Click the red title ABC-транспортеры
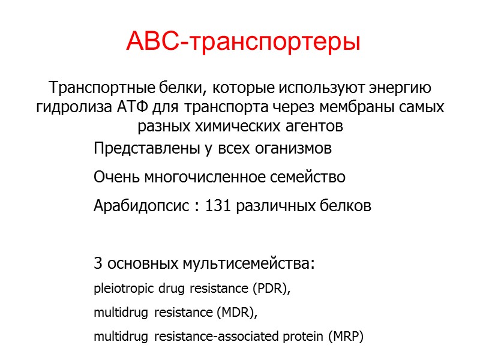pos(243,41)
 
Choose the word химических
pos(235,127)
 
